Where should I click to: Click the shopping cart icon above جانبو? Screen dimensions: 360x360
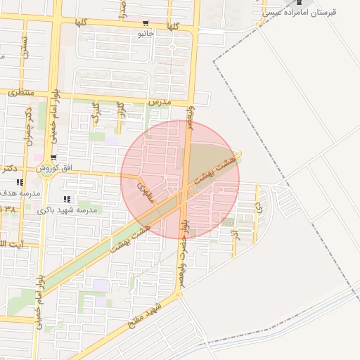pos(146,22)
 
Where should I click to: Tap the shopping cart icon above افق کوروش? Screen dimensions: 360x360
pos(53,157)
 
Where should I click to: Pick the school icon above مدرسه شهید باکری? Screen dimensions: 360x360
pos(67,199)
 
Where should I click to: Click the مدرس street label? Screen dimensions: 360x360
pos(160,103)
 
